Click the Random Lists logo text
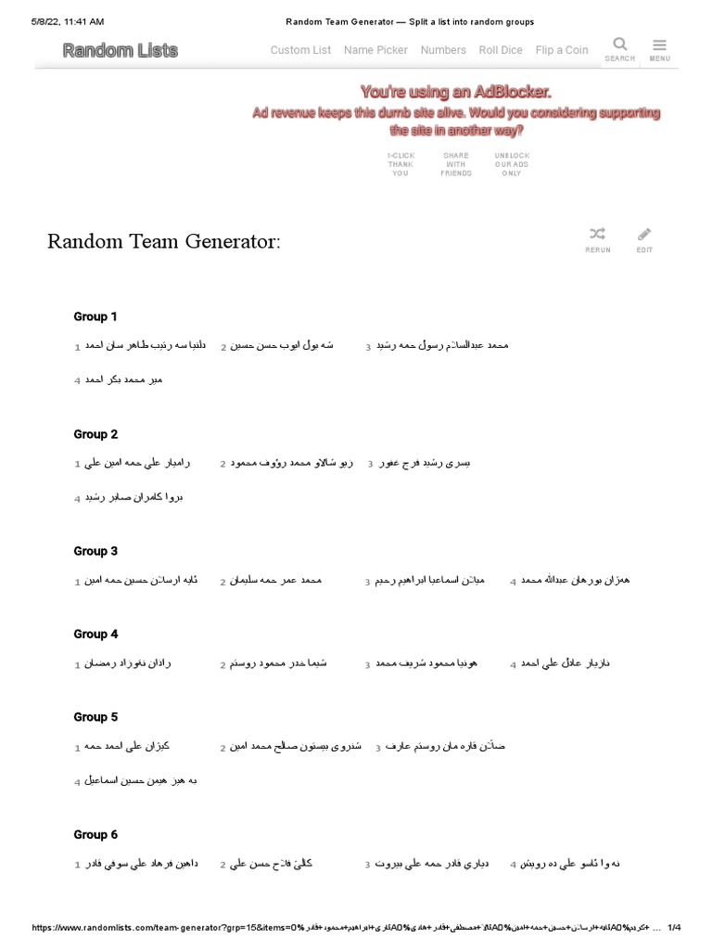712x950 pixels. pos(121,51)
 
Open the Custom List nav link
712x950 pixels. pos(300,50)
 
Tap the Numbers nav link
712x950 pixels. pos(443,50)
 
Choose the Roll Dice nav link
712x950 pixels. pos(501,50)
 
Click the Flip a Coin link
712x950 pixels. pos(562,50)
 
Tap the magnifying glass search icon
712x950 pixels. pos(620,44)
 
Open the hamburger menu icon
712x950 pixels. pos(660,44)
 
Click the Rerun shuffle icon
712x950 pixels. pos(598,234)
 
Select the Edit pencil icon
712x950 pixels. pos(644,234)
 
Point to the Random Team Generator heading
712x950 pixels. pos(164,242)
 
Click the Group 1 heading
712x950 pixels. pos(95,316)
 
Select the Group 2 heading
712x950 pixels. pos(95,434)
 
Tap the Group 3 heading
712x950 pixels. pos(95,551)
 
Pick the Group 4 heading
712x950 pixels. pos(95,635)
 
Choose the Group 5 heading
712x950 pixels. pos(95,717)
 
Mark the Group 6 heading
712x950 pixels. pos(95,835)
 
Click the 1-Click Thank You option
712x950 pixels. pos(400,164)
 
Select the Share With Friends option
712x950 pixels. pos(456,164)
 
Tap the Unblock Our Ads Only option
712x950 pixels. pos(512,164)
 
